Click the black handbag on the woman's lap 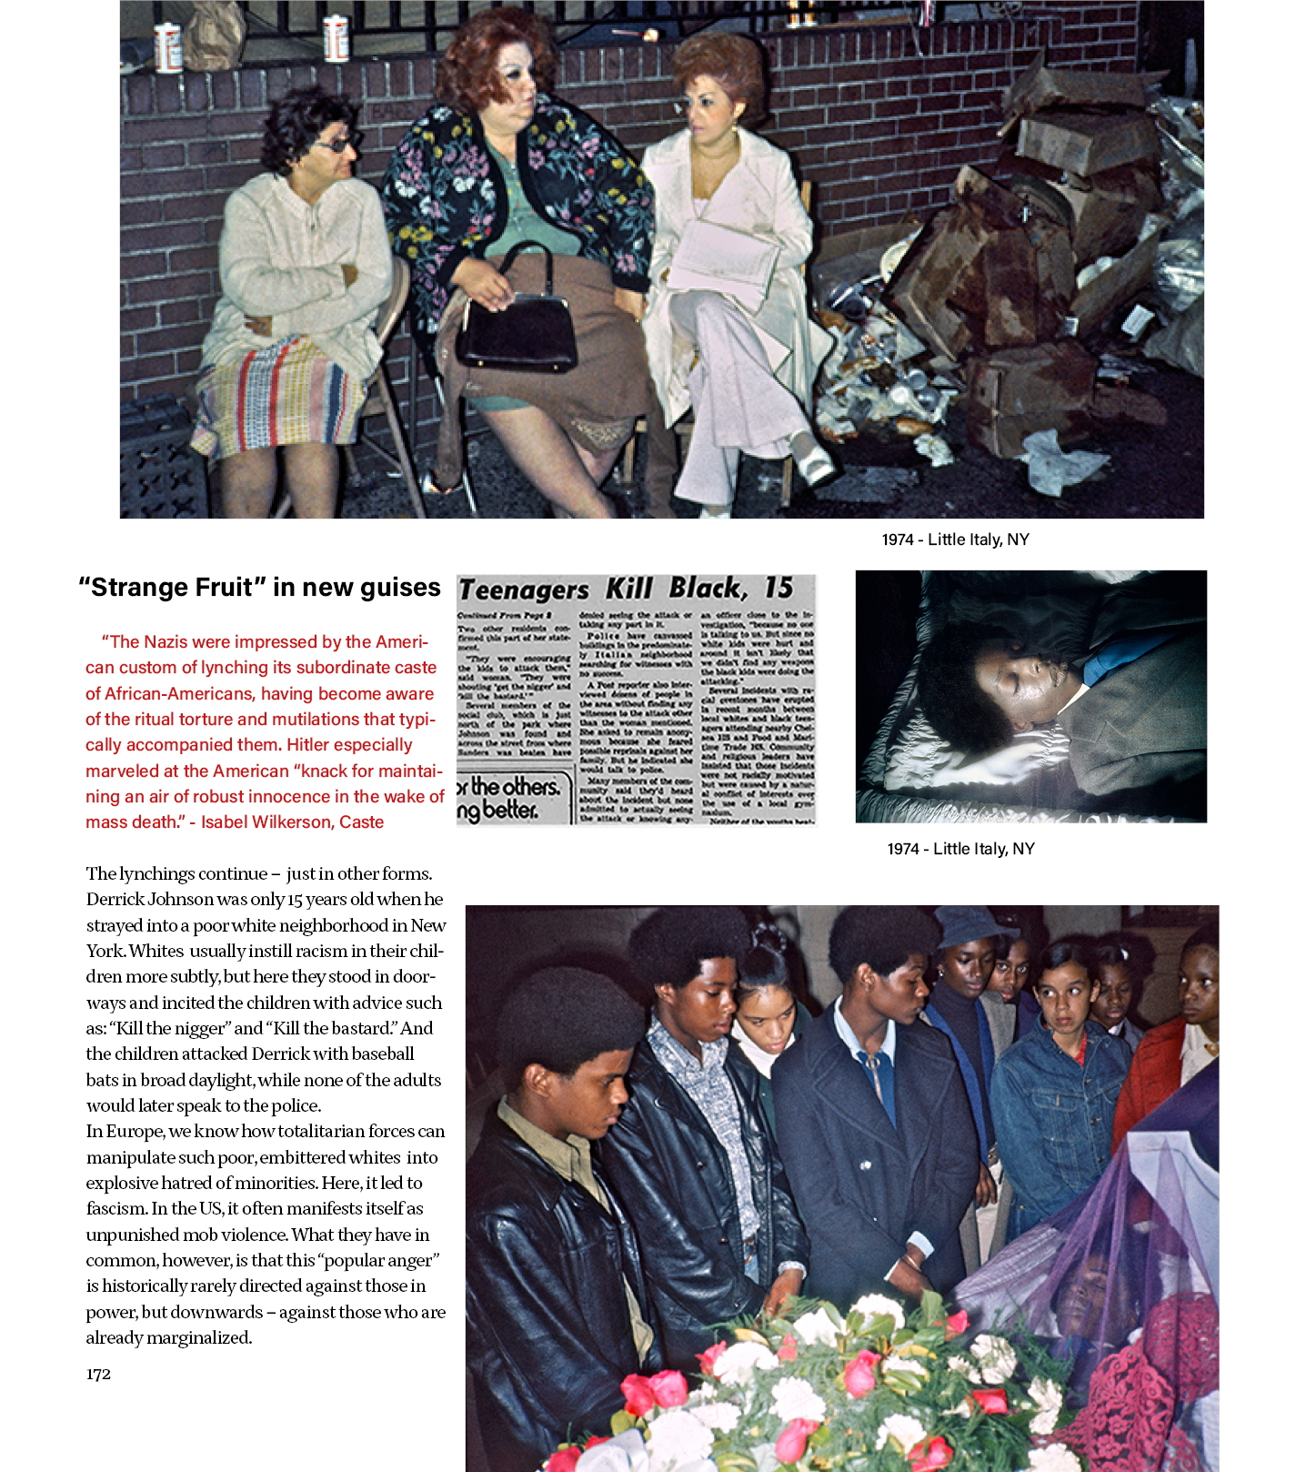516,332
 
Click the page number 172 98,1374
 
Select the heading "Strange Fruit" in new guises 259,588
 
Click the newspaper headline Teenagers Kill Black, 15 626,589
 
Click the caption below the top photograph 955,539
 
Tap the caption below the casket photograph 960,849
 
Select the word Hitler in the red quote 256,745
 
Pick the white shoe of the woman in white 812,459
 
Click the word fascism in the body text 116,1209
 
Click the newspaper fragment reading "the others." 514,786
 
